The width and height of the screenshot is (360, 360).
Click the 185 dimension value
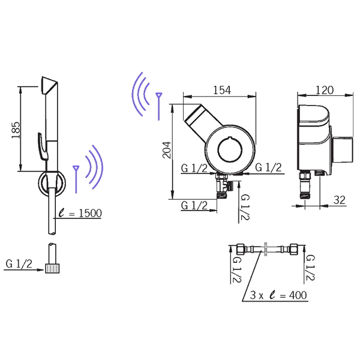pyautogui.click(x=16, y=130)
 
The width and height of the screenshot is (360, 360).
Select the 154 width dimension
pyautogui.click(x=222, y=90)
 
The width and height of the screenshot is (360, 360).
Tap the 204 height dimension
pyautogui.click(x=167, y=150)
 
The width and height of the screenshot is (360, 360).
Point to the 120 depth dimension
pyautogui.click(x=325, y=90)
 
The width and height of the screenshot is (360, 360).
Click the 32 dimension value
pyautogui.click(x=340, y=200)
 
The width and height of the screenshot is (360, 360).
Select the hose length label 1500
pyautogui.click(x=90, y=213)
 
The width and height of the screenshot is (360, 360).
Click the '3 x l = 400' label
pyautogui.click(x=278, y=295)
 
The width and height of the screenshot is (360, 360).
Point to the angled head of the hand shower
pyautogui.click(x=49, y=85)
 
